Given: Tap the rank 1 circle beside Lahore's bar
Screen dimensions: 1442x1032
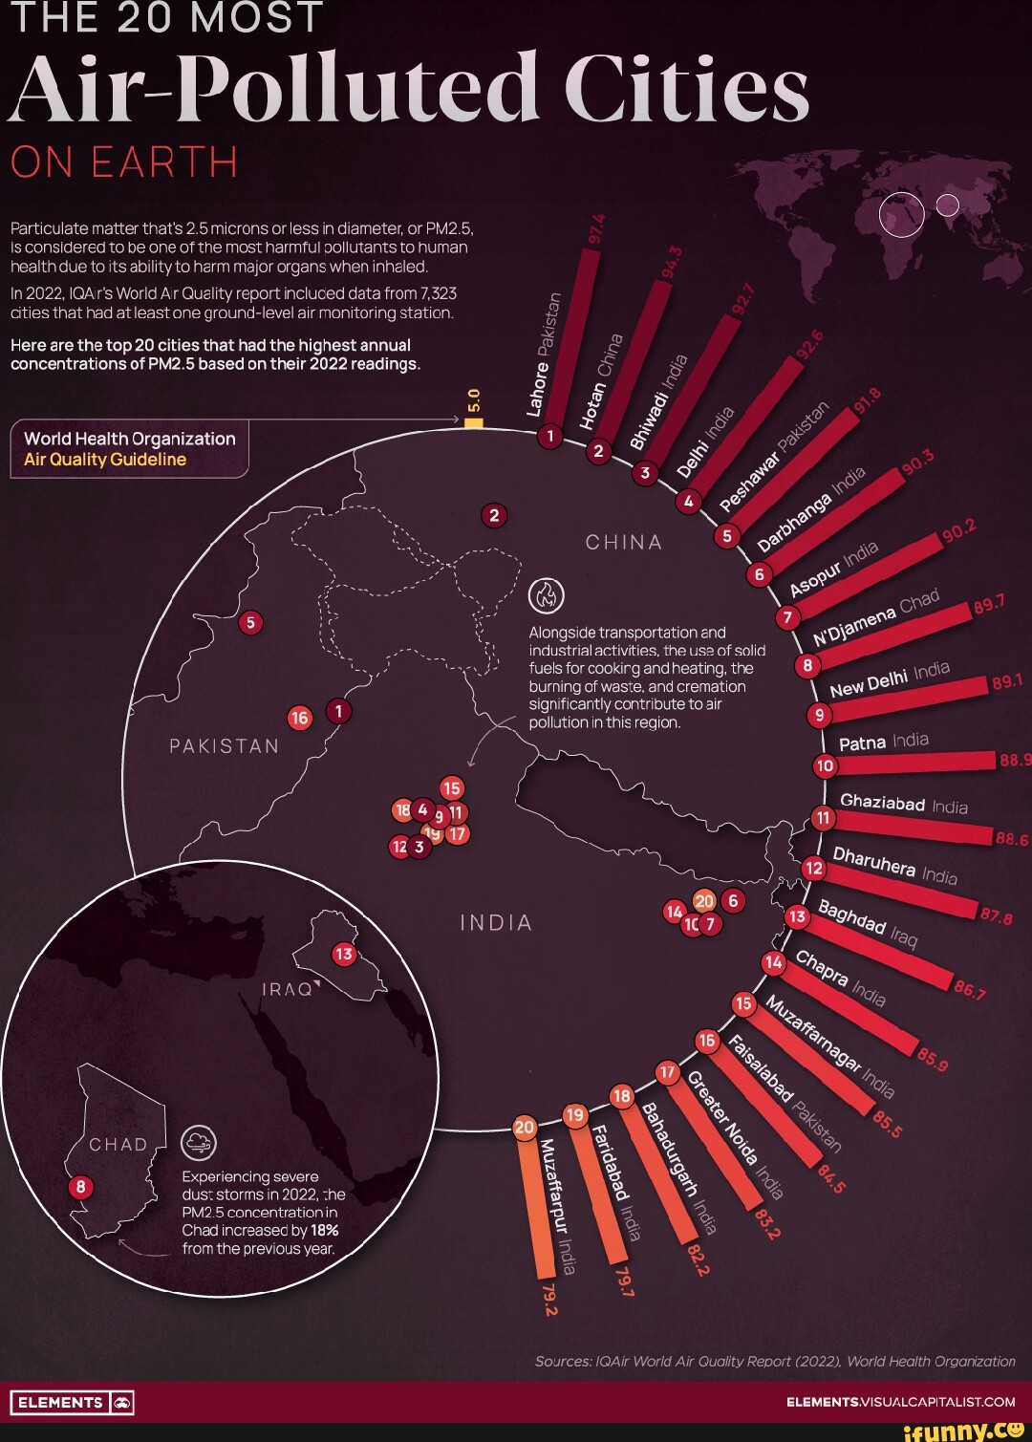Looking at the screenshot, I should click(549, 437).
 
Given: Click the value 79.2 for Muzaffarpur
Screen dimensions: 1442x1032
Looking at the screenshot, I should click(549, 1301).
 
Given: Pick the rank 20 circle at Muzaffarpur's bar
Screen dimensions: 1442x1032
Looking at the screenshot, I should click(525, 1128).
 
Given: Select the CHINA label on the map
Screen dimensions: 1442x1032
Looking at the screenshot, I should click(623, 543).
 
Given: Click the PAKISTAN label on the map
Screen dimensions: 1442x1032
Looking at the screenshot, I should click(224, 746).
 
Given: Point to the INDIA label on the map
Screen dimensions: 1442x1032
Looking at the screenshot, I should click(495, 923).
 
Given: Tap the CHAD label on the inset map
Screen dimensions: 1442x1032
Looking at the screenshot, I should click(118, 1145).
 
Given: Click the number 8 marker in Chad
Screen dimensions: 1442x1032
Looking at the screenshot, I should click(81, 1187).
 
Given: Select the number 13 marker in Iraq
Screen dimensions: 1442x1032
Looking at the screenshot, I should click(343, 954).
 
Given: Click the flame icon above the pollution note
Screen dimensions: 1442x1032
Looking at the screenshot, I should click(547, 595).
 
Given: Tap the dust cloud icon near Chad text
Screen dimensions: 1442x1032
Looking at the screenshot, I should click(199, 1142).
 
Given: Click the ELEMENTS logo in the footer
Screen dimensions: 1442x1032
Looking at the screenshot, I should click(72, 1403).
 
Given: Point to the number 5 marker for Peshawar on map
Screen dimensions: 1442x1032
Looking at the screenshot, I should click(250, 623).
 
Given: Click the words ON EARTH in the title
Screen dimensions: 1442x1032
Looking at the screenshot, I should click(124, 162).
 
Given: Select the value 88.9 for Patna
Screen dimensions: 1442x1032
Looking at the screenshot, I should click(1015, 760).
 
